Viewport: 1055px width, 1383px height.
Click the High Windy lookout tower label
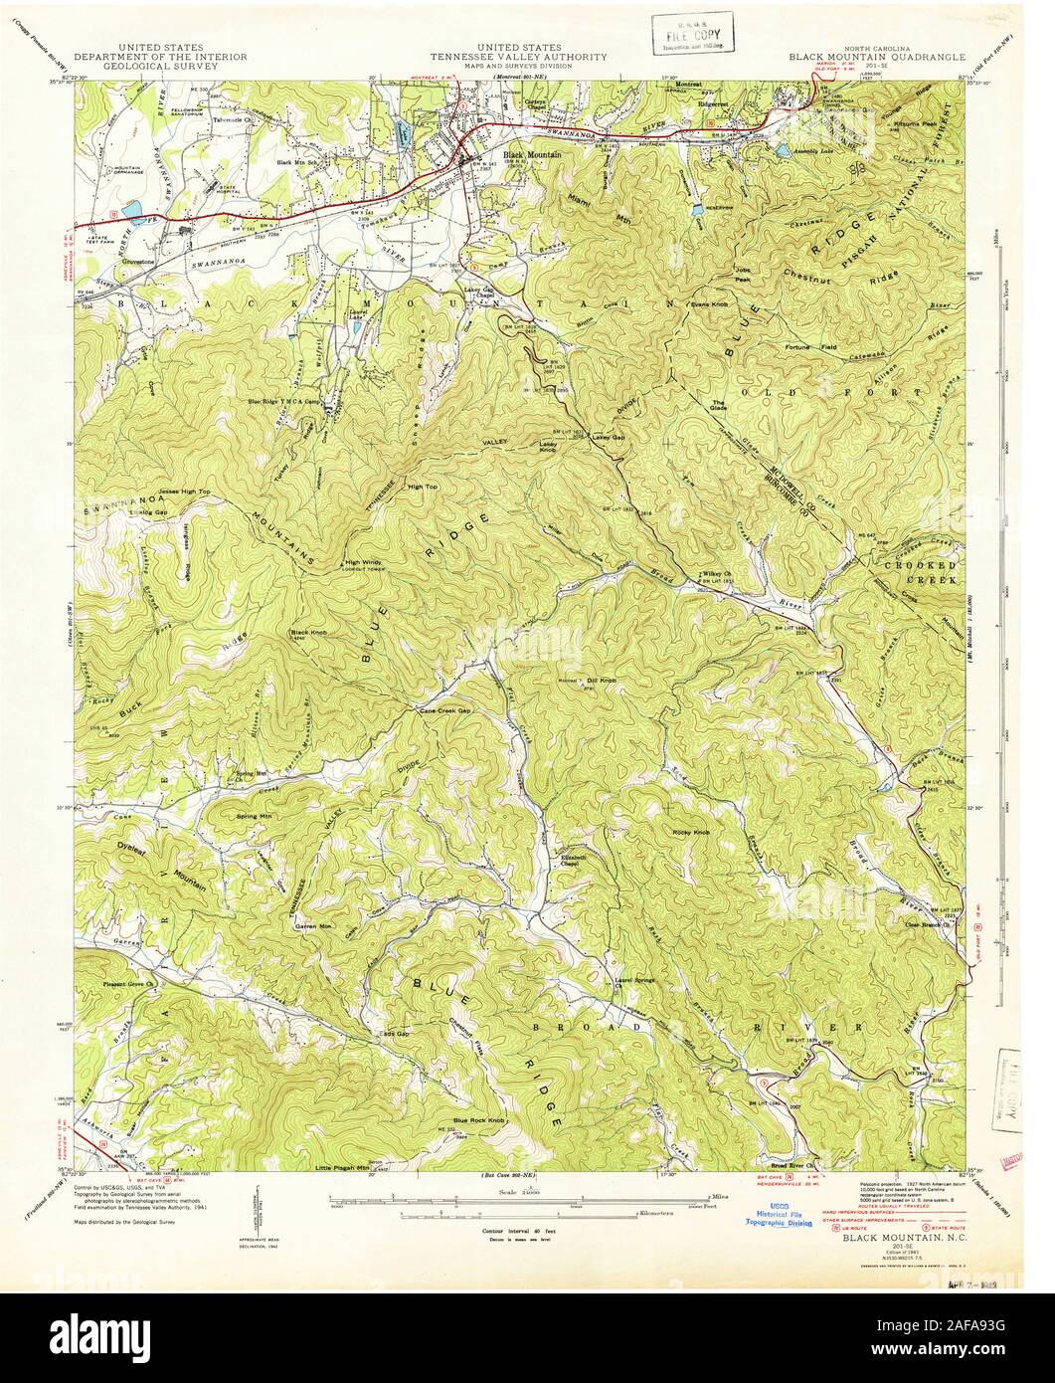(x=363, y=562)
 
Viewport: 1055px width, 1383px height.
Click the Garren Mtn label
(x=311, y=925)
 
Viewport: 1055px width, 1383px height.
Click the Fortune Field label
(x=817, y=346)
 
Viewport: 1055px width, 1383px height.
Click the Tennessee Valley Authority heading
(x=519, y=58)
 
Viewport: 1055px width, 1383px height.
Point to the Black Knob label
(x=306, y=632)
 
